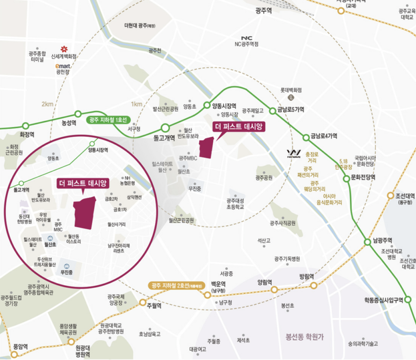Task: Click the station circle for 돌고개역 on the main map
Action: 165,128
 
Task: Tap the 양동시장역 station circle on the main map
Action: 207,105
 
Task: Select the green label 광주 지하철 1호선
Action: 107,119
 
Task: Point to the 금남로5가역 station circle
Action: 273,110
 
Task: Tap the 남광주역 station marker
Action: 367,241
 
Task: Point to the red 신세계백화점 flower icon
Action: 64,49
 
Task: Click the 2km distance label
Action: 47,104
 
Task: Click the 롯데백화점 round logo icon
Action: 290,98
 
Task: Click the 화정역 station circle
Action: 26,126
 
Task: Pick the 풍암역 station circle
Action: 14,354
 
